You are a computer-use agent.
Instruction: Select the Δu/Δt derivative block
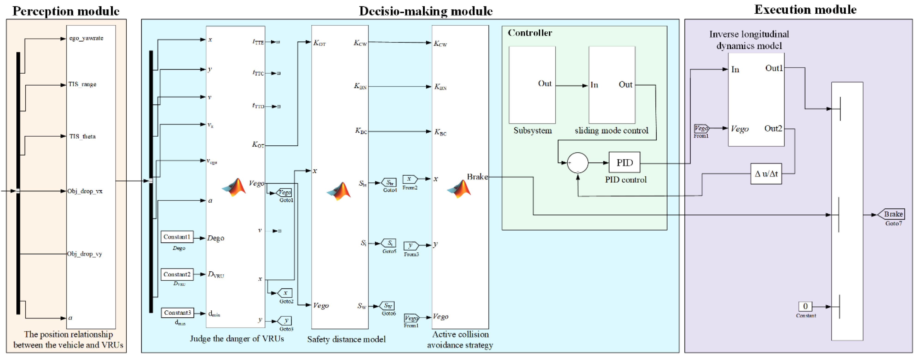coord(766,174)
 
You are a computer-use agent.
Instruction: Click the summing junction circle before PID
coord(577,163)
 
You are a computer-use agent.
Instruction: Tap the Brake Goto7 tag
coord(892,214)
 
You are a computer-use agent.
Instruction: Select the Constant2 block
coord(177,275)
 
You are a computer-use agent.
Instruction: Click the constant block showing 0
coord(805,306)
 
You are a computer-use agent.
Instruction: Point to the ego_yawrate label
coord(86,38)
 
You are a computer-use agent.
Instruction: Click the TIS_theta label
coord(82,136)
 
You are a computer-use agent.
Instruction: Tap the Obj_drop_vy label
coord(85,254)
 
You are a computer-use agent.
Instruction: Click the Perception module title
coord(66,11)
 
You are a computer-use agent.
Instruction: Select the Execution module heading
coord(805,10)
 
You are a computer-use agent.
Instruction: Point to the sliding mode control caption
coord(611,131)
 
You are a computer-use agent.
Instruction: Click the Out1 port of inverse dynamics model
coord(774,68)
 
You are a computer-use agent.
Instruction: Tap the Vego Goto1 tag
coord(285,192)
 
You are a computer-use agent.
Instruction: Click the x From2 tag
coord(410,179)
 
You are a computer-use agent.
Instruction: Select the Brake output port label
coord(477,177)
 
